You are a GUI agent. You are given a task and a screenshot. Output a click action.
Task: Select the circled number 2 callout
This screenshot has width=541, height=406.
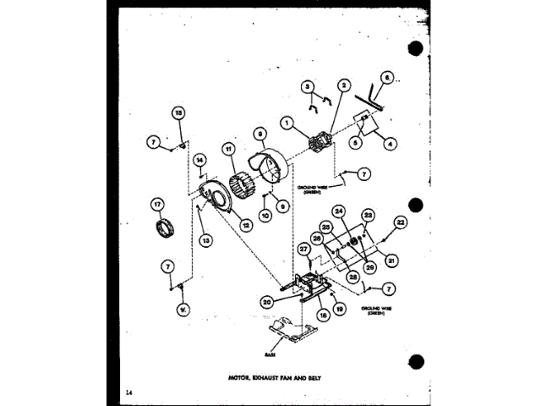(x=344, y=85)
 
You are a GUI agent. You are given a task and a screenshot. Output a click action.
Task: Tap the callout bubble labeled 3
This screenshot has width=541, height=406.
(x=309, y=85)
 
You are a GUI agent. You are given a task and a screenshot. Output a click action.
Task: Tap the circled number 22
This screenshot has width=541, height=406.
(x=400, y=222)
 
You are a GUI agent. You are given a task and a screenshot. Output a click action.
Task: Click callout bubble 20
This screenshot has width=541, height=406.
(x=266, y=299)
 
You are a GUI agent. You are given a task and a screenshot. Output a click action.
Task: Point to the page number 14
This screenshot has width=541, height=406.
(x=127, y=392)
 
